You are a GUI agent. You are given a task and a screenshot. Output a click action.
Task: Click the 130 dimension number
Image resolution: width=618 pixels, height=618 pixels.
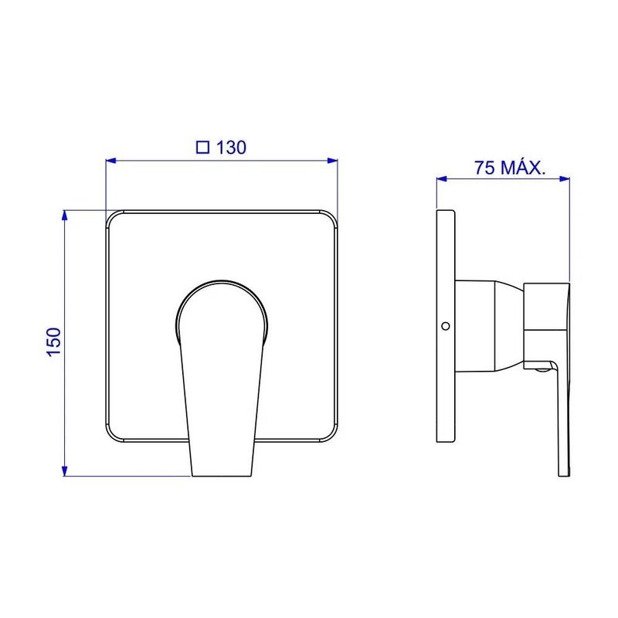point(231,148)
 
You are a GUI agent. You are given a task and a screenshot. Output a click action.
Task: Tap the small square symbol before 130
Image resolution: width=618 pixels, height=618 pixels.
point(202,148)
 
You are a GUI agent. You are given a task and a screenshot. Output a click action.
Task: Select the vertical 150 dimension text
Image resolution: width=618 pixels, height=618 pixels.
point(54,342)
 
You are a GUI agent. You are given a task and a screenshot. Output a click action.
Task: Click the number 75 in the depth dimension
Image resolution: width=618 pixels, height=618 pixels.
point(484,168)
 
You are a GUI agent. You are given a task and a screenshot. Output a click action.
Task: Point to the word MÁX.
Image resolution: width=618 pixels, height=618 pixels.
point(523,167)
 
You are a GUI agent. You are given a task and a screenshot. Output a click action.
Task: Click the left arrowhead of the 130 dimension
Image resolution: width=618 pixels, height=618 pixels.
point(111,161)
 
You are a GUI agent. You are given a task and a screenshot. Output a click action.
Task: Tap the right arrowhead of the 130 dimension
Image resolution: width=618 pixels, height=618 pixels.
point(333,161)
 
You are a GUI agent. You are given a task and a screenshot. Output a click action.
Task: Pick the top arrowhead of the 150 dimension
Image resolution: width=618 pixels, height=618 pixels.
point(65,216)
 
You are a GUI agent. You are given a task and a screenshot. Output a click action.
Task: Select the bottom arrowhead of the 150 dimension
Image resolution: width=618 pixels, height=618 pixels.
point(65,471)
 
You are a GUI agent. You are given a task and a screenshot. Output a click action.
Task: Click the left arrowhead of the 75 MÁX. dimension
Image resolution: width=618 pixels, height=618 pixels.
point(442,179)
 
